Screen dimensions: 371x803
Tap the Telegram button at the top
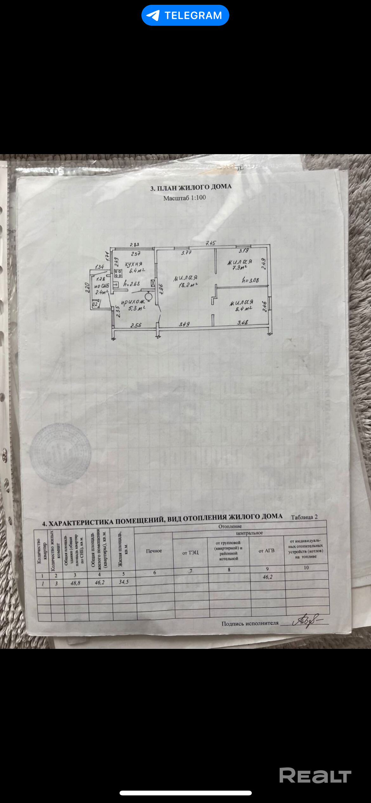pyautogui.click(x=185, y=15)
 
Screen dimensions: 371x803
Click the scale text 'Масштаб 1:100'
pyautogui.click(x=185, y=198)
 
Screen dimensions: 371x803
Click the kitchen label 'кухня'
pyautogui.click(x=133, y=264)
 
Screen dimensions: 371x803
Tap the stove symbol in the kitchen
pyautogui.click(x=118, y=273)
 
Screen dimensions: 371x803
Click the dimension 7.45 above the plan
pyautogui.click(x=210, y=243)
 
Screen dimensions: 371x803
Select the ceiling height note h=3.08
pyautogui.click(x=250, y=280)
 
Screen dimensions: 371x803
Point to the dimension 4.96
pyautogui.click(x=161, y=289)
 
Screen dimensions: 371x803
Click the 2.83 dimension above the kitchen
pyautogui.click(x=134, y=245)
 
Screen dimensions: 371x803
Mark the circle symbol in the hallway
pyautogui.click(x=149, y=297)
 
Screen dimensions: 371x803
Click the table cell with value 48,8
pyautogui.click(x=75, y=583)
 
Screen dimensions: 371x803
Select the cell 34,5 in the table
pyautogui.click(x=124, y=582)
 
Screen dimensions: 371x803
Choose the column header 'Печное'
pyautogui.click(x=154, y=551)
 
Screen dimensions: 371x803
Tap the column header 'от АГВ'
pyautogui.click(x=266, y=551)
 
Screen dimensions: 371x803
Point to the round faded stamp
pyautogui.click(x=60, y=454)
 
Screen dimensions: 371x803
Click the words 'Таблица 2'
pyautogui.click(x=304, y=517)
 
